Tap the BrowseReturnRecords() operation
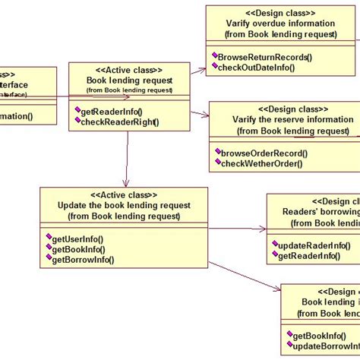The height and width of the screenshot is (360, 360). coord(262,57)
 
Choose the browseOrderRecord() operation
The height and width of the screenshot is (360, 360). coord(260,152)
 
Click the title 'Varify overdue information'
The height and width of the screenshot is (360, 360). coord(270,23)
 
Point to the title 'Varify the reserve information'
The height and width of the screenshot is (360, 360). coord(283,119)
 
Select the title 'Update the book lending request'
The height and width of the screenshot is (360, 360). coord(124,205)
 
